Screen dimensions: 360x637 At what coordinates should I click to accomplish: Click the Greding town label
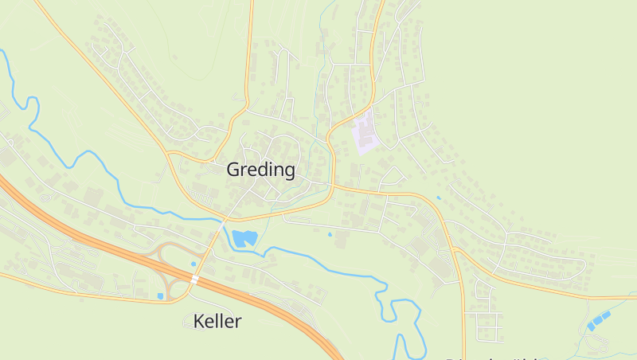coord(260,170)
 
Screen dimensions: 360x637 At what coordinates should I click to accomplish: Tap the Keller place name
coord(217,322)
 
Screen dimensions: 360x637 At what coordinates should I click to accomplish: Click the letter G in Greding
coord(233,170)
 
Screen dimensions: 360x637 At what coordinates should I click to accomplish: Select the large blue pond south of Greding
coord(244,237)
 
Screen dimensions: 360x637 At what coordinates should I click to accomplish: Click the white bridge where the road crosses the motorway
coord(194,280)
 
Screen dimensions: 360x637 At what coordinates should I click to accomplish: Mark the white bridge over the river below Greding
coord(221,226)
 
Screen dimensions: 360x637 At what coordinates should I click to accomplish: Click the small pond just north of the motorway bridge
coord(193,264)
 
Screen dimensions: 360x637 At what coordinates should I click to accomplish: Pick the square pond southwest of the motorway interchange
coord(160,296)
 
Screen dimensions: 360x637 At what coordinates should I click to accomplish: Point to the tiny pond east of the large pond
coord(330,234)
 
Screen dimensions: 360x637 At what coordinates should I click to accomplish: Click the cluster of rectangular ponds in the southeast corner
coord(599,319)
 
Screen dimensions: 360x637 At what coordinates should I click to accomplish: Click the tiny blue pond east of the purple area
coord(438,198)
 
